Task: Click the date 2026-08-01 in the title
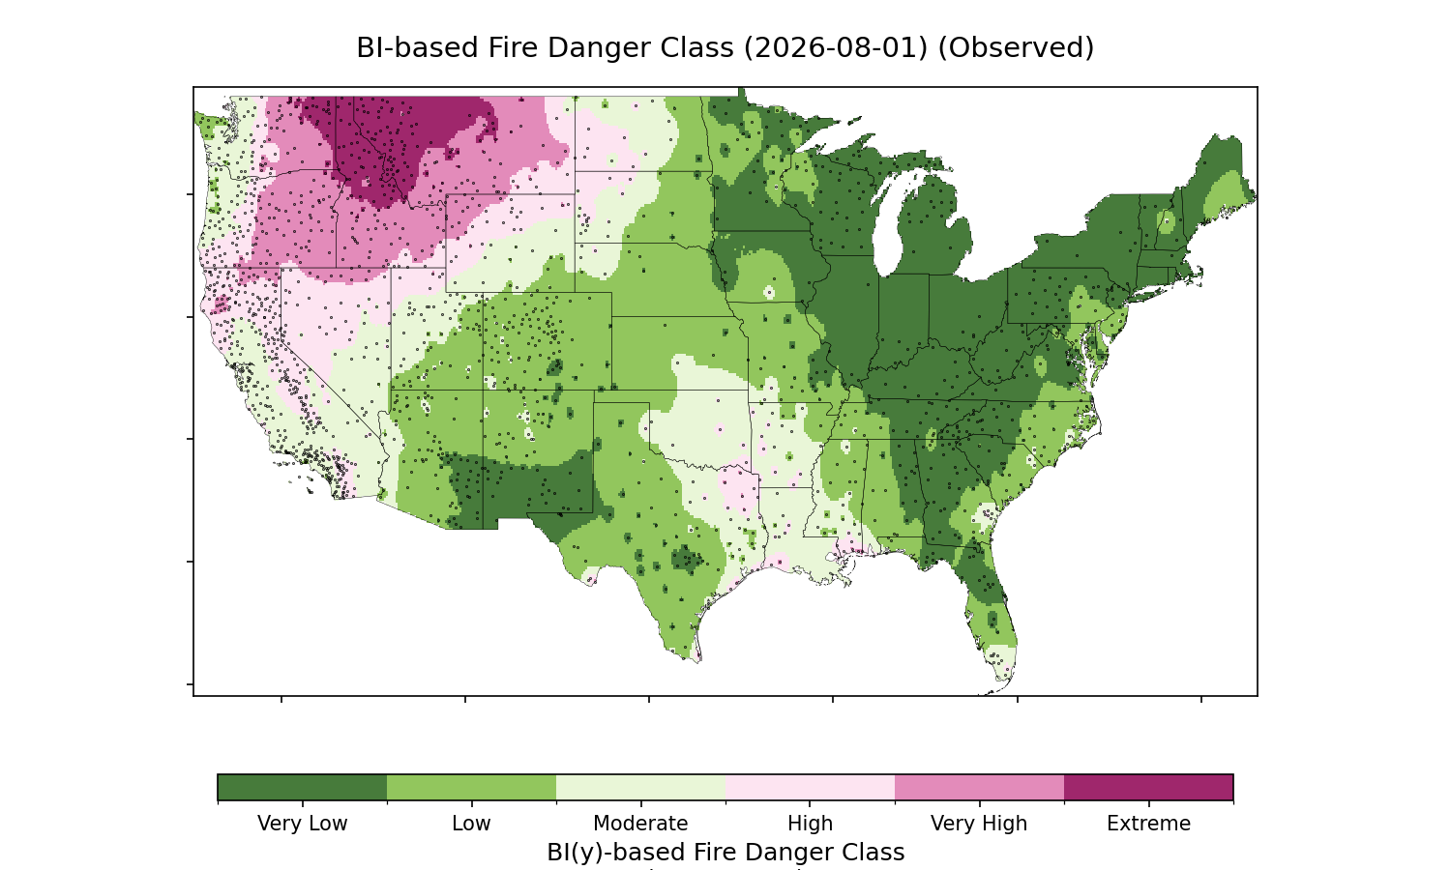point(836,48)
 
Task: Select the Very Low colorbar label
point(302,824)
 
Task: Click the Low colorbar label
point(471,824)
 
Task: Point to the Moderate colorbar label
point(640,824)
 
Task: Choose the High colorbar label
point(810,824)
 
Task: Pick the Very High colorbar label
point(979,824)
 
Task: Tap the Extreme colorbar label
point(1148,824)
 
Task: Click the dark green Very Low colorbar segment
point(303,787)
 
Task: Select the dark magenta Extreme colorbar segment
point(1148,787)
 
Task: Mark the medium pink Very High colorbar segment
point(979,787)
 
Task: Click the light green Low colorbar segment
point(472,787)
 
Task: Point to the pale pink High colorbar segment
point(811,787)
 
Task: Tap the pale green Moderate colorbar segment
point(641,787)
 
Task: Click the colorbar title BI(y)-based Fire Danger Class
point(725,853)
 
